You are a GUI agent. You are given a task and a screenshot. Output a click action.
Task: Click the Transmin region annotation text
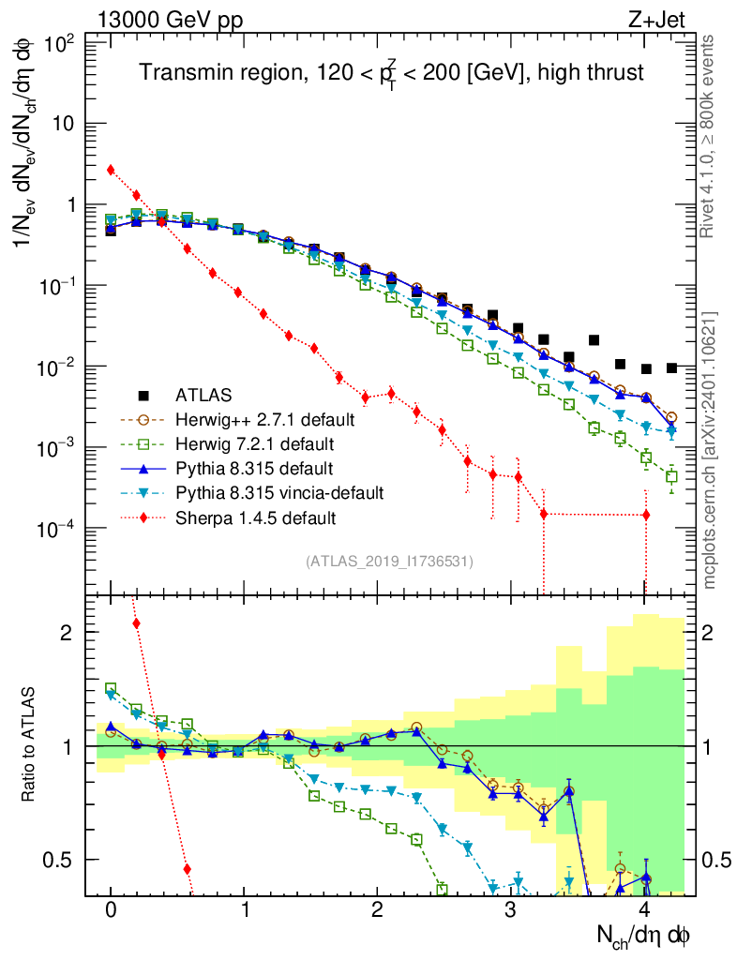pyautogui.click(x=392, y=74)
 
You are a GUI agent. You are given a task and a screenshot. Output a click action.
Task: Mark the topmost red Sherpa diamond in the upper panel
pyautogui.click(x=111, y=170)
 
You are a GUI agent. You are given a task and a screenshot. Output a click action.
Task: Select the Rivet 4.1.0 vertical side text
pyautogui.click(x=710, y=137)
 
